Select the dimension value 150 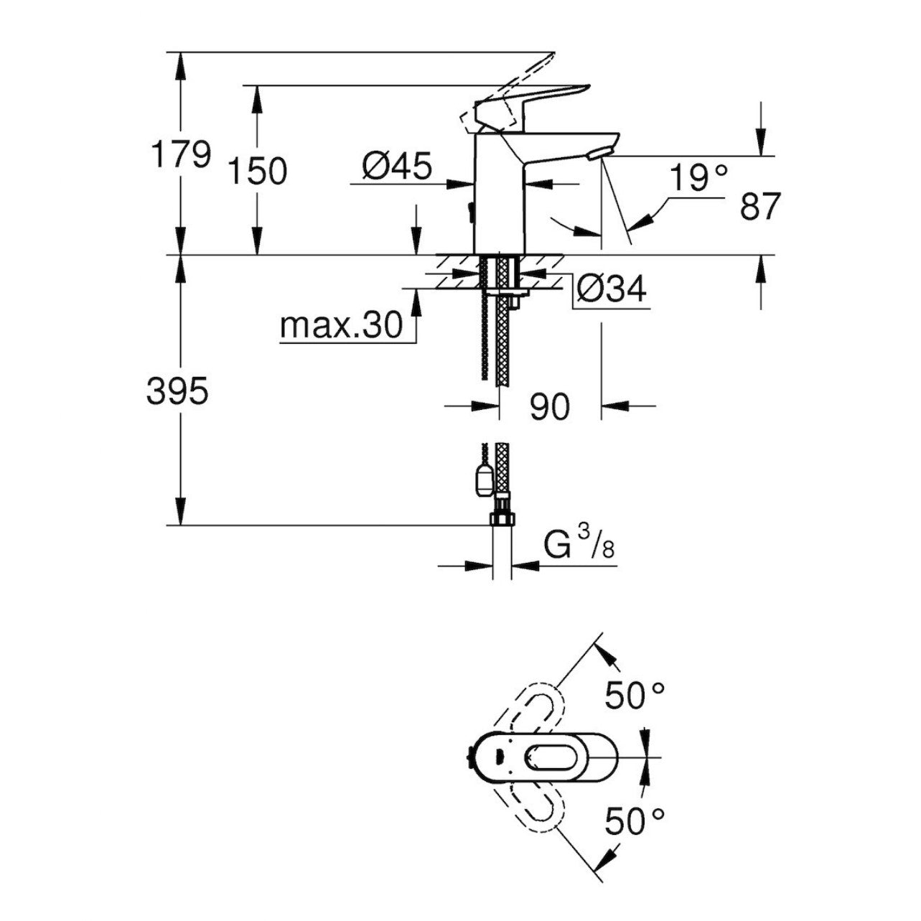coord(257,171)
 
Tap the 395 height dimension coord(177,392)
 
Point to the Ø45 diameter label coord(397,167)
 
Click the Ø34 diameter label coord(612,289)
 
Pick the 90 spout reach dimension coord(549,407)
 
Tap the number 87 coord(759,207)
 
